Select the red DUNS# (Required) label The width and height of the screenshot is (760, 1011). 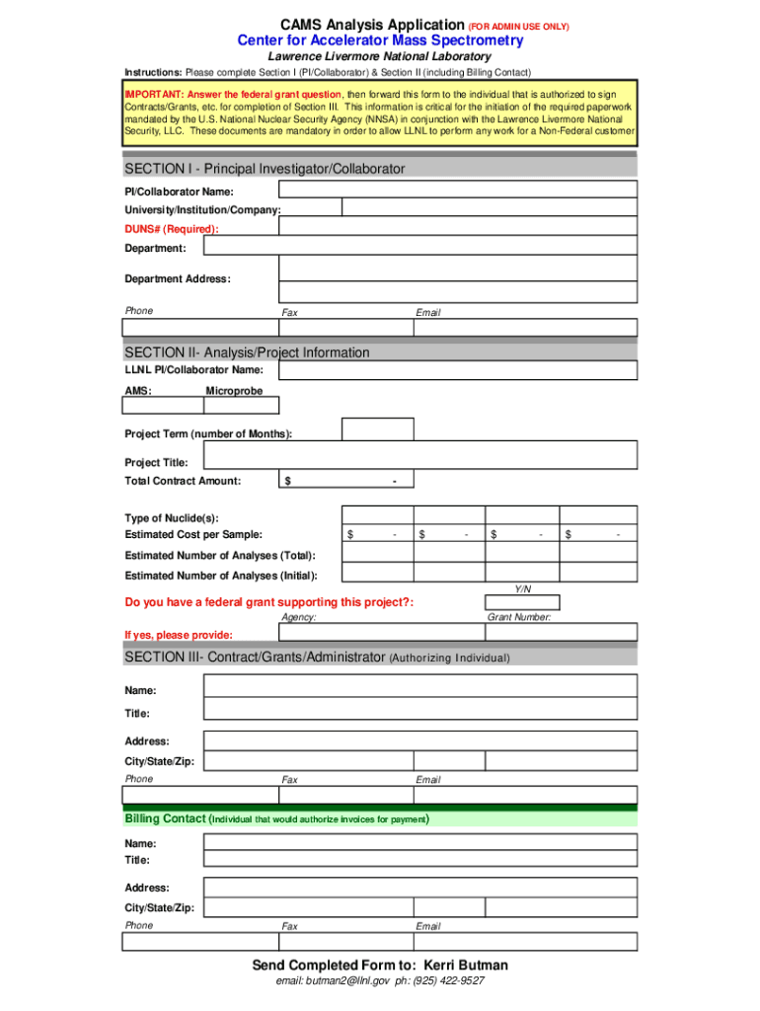pyautogui.click(x=171, y=229)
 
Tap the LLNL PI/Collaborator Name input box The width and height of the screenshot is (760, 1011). pyautogui.click(x=457, y=371)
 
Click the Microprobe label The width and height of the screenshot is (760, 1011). pyautogui.click(x=234, y=391)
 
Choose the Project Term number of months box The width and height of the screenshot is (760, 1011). pyautogui.click(x=378, y=429)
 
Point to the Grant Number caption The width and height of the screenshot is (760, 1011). pyautogui.click(x=519, y=617)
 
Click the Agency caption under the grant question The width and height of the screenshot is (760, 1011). pyautogui.click(x=299, y=617)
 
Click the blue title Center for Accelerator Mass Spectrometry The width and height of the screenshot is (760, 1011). pyautogui.click(x=380, y=40)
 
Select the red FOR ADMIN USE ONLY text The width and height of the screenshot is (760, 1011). pyautogui.click(x=519, y=26)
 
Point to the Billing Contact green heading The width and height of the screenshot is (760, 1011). pyautogui.click(x=165, y=818)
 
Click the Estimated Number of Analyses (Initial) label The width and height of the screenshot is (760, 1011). pyautogui.click(x=220, y=576)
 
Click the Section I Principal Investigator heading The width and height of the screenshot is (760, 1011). pyautogui.click(x=265, y=169)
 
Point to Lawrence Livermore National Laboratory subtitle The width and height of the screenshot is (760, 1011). pyautogui.click(x=380, y=57)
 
